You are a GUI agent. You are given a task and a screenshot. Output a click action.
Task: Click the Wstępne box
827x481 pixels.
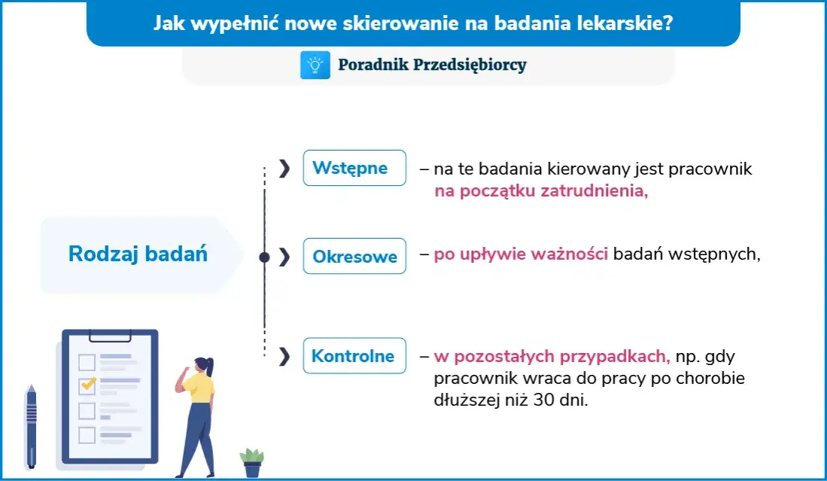pyautogui.click(x=354, y=168)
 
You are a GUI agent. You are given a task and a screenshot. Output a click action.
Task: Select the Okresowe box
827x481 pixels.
pyautogui.click(x=354, y=257)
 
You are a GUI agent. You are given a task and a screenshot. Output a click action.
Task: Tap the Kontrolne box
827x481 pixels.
pyautogui.click(x=354, y=356)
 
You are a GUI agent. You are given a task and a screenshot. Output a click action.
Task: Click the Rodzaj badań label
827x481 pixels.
pyautogui.click(x=138, y=254)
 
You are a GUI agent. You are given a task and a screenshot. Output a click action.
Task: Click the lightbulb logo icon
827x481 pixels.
pyautogui.click(x=315, y=65)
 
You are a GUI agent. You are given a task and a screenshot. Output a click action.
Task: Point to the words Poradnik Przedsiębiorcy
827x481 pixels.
pyautogui.click(x=432, y=65)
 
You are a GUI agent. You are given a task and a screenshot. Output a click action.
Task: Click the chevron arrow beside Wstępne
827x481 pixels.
pyautogui.click(x=284, y=169)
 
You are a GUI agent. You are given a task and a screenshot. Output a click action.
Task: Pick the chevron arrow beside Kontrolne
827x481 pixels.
pyautogui.click(x=284, y=356)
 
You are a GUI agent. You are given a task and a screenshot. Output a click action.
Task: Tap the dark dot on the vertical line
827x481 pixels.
pyautogui.click(x=264, y=257)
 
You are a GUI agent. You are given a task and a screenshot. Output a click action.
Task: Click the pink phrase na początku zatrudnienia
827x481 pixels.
pyautogui.click(x=540, y=191)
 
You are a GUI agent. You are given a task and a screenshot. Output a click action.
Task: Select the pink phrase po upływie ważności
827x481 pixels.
pyautogui.click(x=521, y=254)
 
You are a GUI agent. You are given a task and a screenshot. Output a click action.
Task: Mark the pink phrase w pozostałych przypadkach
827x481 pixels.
pyautogui.click(x=552, y=356)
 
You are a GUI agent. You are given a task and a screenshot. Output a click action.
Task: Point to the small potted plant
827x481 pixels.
pyautogui.click(x=252, y=461)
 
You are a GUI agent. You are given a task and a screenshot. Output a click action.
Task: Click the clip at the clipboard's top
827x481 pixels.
pyautogui.click(x=110, y=333)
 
